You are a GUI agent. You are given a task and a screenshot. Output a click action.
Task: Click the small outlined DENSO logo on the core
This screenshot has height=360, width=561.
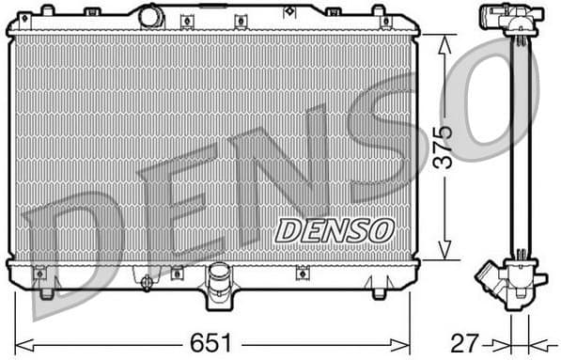tap(334, 228)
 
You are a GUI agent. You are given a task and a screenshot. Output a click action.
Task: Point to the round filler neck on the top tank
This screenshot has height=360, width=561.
tap(150, 16)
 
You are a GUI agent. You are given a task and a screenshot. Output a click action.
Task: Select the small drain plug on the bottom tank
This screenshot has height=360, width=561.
tap(145, 281)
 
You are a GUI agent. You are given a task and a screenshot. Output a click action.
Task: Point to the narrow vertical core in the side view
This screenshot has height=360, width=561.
tap(516, 141)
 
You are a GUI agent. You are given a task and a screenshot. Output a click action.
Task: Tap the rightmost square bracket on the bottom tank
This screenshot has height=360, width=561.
tap(303, 274)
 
